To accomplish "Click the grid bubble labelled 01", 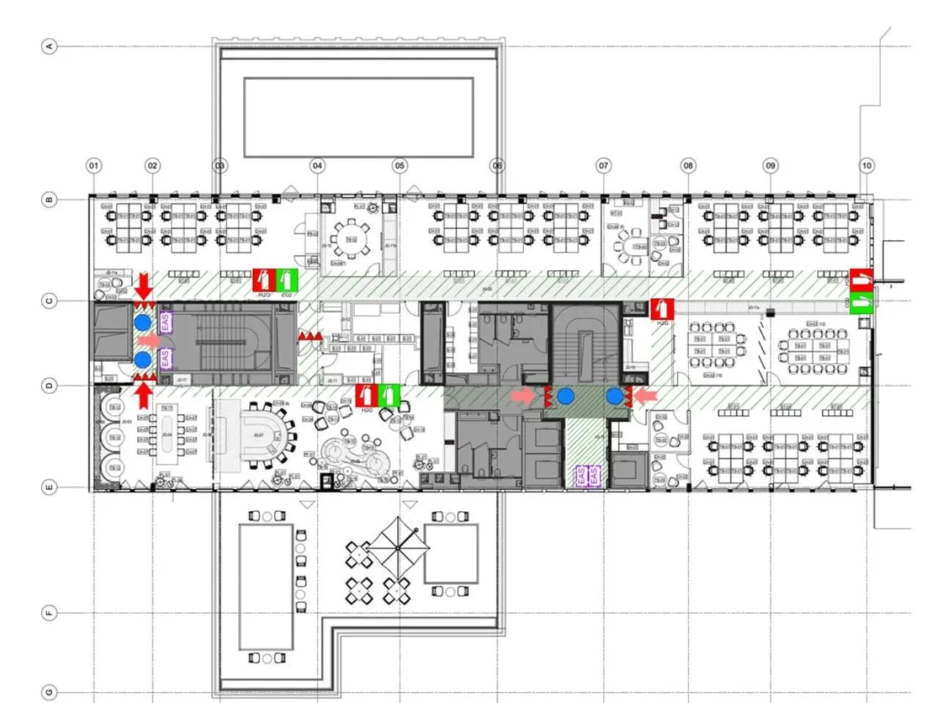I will coord(94,165).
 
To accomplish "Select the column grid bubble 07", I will coord(603,165).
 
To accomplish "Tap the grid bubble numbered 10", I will coord(866,165).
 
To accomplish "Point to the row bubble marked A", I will coord(49,46).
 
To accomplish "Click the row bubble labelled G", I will coord(49,692).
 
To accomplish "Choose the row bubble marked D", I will coord(49,385).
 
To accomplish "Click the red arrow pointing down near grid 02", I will coord(144,284).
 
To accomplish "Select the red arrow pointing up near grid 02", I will coord(144,395).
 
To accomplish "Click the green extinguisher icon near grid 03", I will coord(287,280).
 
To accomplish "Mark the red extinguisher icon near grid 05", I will coord(366,395).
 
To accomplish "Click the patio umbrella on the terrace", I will coord(397,547).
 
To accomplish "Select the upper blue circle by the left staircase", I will coord(143,322).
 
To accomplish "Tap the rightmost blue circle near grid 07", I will coord(614,396).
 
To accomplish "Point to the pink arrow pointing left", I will coord(645,396).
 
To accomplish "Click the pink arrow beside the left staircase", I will coord(149,341).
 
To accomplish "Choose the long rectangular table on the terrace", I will coord(265,587).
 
